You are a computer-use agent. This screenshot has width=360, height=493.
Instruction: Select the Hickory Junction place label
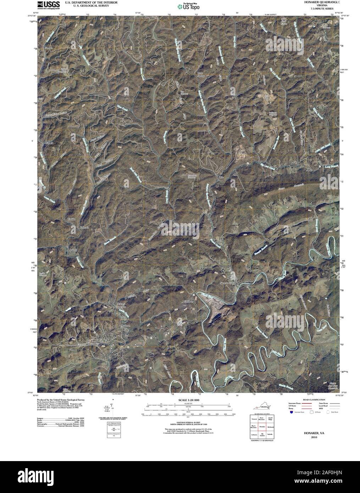(121, 305)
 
